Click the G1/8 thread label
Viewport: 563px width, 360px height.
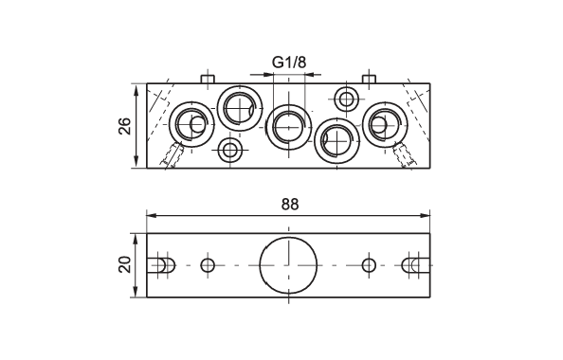(289, 63)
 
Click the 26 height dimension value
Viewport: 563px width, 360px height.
(124, 126)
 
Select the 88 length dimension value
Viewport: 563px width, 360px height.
(290, 205)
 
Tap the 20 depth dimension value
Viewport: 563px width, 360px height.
(124, 264)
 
